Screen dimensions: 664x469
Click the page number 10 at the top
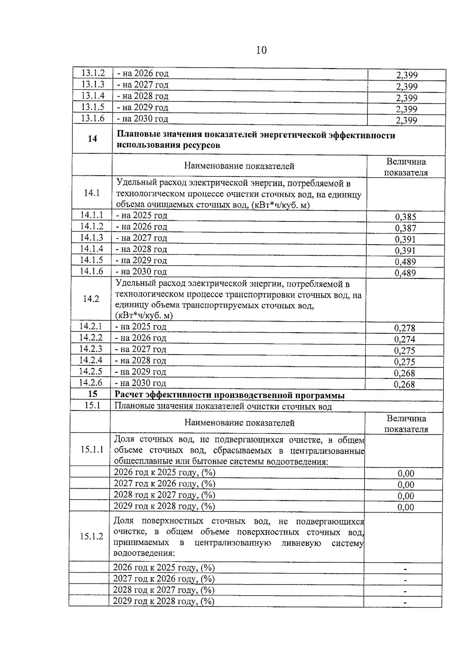(261, 50)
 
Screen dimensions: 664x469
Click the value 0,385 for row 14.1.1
(405, 217)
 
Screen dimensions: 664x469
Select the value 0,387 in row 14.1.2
(405, 228)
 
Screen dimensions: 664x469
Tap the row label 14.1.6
(91, 272)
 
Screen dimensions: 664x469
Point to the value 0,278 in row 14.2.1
(405, 328)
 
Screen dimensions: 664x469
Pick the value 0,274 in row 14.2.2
(405, 339)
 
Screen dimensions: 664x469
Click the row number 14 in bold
(93, 139)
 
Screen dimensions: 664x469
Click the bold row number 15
(92, 395)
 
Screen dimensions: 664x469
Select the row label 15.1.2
(91, 536)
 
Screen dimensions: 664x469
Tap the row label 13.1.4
(93, 96)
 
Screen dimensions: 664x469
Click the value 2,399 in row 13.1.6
(406, 120)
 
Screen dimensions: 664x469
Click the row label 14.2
(91, 299)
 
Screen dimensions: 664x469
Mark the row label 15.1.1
(92, 449)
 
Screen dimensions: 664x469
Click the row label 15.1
(92, 406)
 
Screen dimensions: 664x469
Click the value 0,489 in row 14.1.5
(405, 262)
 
